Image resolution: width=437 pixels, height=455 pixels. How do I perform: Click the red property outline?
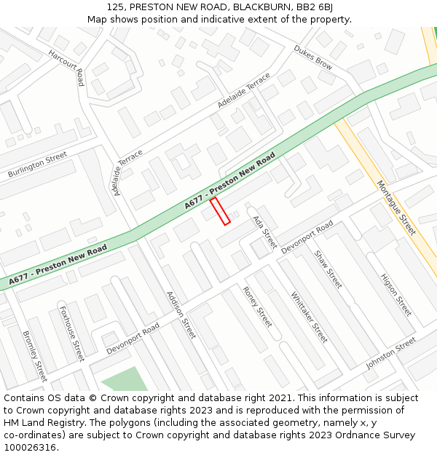[x=220, y=210]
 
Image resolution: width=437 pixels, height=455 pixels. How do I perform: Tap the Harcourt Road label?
[x=66, y=67]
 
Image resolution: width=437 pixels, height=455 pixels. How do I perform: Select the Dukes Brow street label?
[x=313, y=58]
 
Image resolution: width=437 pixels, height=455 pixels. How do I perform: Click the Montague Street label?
[x=395, y=207]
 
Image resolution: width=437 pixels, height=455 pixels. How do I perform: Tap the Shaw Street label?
[x=328, y=269]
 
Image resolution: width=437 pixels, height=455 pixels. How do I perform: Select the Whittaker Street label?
[x=310, y=317]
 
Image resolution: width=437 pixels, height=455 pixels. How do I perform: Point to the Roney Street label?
[x=257, y=306]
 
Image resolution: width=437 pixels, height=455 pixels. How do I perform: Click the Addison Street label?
[x=181, y=314]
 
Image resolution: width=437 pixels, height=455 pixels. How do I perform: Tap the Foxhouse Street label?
[x=72, y=334]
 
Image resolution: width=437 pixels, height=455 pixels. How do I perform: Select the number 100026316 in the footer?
[x=30, y=448]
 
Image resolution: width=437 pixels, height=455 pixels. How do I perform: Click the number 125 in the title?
[x=114, y=7]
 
